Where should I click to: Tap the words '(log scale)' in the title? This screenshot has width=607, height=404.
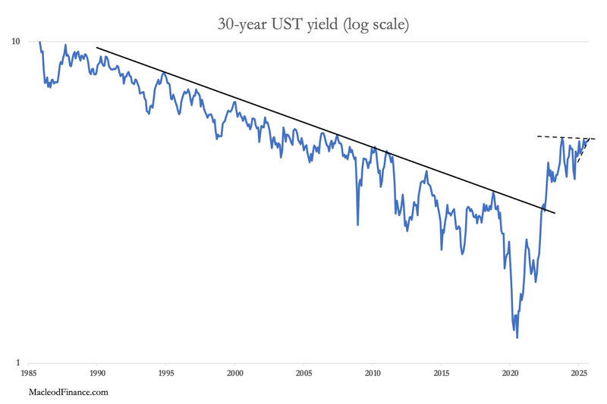tap(376, 25)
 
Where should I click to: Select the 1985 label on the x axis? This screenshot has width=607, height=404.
tap(29, 374)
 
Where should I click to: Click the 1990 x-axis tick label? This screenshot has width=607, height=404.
tap(98, 374)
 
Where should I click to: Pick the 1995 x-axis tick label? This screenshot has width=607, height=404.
tap(166, 374)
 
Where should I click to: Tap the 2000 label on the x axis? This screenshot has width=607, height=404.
tap(235, 374)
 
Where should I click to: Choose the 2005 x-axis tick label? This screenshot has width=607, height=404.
tap(303, 374)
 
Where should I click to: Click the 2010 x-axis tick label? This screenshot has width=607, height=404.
tap(373, 374)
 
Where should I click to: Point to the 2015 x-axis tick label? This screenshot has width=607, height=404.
tap(442, 374)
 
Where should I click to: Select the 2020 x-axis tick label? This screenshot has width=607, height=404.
tap(510, 374)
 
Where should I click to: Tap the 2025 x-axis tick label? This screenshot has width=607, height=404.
tap(579, 374)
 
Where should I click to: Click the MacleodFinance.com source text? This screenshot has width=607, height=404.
tap(68, 392)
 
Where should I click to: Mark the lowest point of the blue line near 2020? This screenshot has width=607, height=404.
tap(517, 337)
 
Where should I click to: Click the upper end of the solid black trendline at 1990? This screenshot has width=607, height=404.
tap(97, 48)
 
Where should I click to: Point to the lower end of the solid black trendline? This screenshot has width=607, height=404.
tap(555, 213)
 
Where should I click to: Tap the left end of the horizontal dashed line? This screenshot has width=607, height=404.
tap(537, 136)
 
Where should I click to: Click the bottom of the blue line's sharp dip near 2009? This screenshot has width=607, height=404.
tap(358, 224)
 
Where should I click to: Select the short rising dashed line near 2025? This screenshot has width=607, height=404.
tap(583, 151)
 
